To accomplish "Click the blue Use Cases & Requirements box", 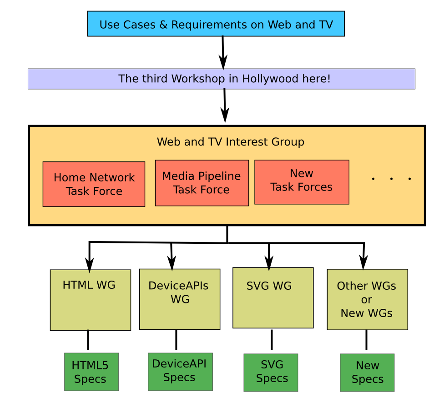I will pos(216,24).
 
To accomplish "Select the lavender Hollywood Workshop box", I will pos(221,79).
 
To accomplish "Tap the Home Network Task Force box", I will pos(94,184).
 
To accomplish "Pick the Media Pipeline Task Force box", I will pos(202,183).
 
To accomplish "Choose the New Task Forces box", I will pos(302,182).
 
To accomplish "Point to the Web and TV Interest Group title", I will pos(230,142).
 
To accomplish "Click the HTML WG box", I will pos(90,300).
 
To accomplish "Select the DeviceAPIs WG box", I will pos(180,299).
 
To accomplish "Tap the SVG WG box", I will pos(273,298).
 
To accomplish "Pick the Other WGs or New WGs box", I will pos(367,299).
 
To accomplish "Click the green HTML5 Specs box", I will pos(91,372).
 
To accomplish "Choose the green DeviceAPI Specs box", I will pos(180,371).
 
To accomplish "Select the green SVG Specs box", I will pos(271,372).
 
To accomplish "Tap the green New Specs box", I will pos(367,372).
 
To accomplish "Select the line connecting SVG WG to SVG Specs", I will pos(272,340).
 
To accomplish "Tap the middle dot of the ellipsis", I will pos(391,179).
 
